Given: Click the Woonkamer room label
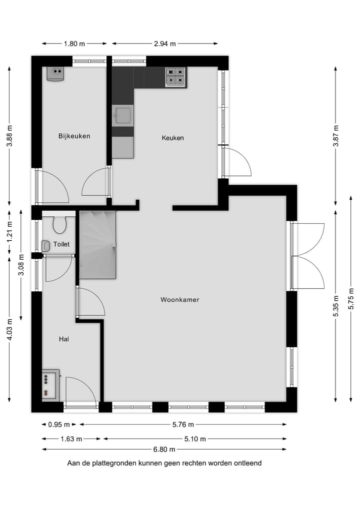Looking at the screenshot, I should [x=180, y=300].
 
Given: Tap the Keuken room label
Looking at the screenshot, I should [x=172, y=138].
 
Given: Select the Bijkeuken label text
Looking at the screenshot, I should [x=74, y=136].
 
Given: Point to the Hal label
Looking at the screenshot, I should [x=63, y=339].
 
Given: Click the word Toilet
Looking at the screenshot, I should [x=61, y=244].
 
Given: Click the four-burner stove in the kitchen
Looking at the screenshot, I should [x=175, y=77].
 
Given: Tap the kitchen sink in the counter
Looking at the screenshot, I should [x=122, y=115].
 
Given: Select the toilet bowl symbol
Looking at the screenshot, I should [x=59, y=225].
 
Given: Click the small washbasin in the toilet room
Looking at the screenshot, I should [x=46, y=245].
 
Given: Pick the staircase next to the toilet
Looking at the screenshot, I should [x=98, y=244].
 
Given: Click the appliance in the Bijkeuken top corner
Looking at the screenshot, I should [x=55, y=74].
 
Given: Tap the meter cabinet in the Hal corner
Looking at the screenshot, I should [x=50, y=385].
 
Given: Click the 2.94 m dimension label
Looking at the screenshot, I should [x=164, y=43].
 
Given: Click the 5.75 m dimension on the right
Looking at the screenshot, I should [x=351, y=303].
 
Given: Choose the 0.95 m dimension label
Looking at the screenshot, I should [x=59, y=425].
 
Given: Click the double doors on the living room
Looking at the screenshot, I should [x=307, y=256].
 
